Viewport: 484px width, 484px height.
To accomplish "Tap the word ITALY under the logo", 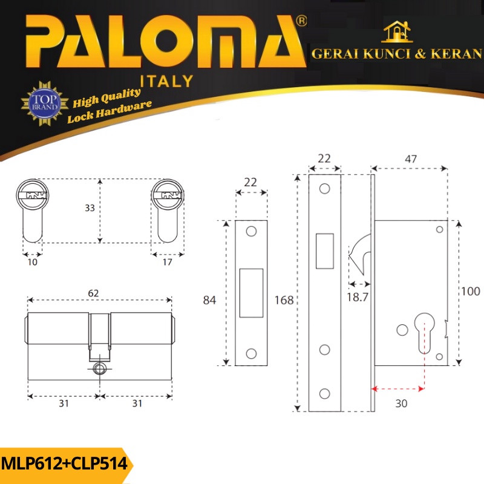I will coord(166,81).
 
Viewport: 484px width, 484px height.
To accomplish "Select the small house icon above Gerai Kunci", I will coord(397,32).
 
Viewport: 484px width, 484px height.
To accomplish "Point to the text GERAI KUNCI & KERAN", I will coord(396,54).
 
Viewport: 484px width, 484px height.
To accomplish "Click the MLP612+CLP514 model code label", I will coord(64,464).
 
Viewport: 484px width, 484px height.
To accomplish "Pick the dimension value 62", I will coord(93,293).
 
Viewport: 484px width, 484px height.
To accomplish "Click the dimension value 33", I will coord(90,208).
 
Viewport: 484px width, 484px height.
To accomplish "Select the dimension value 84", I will coord(209,301).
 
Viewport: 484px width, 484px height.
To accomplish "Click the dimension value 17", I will coord(168,262).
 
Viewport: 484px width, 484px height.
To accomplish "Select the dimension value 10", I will coord(32,262).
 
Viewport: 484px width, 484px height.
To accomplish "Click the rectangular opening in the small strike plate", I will coord(251,293).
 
